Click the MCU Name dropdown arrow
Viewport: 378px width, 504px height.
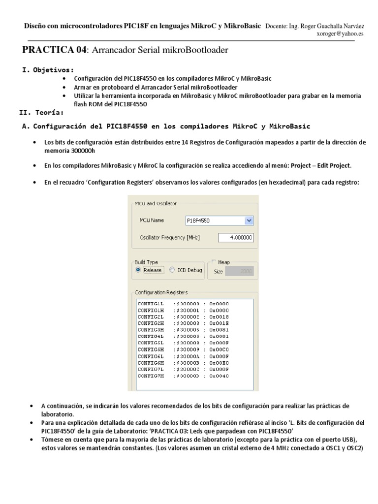point(249,221)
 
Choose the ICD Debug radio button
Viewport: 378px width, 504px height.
point(172,270)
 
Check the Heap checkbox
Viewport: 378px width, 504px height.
point(213,262)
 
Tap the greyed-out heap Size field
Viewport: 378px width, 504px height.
point(241,271)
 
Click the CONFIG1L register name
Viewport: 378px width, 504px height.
point(152,304)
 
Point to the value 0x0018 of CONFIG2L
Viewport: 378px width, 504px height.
point(219,317)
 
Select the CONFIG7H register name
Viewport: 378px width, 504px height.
point(152,376)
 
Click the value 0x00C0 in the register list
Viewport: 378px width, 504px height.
point(219,349)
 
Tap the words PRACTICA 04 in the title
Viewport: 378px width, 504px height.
point(54,50)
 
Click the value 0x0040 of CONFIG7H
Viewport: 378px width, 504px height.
point(219,376)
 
